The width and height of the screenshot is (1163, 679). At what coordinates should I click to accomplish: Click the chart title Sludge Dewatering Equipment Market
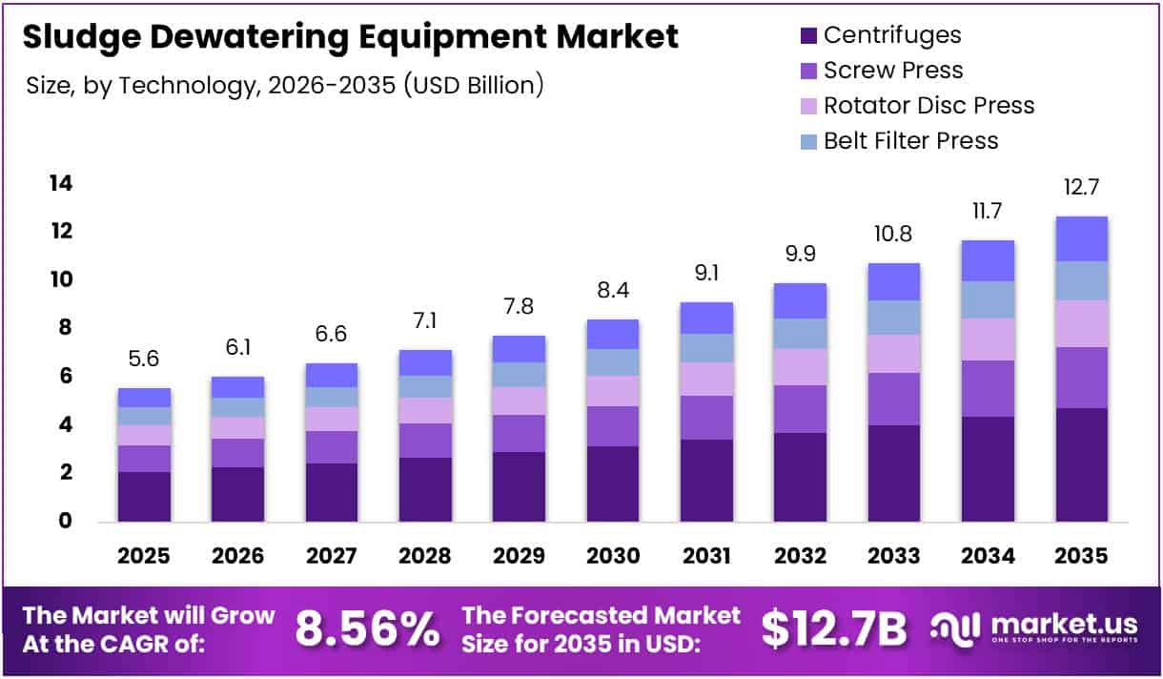pos(350,37)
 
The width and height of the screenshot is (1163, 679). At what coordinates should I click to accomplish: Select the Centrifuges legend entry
pos(892,35)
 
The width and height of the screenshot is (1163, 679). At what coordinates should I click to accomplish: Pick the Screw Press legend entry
pos(893,71)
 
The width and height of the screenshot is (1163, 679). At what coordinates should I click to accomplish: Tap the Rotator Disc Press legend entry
pos(928,105)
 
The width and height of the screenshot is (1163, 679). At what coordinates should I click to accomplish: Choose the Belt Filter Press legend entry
pos(910,140)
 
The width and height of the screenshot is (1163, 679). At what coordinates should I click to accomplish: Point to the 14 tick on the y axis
pos(61,183)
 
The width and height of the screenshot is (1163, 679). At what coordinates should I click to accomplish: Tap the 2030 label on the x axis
pos(613,556)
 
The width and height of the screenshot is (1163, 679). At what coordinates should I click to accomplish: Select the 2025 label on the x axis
pos(144,556)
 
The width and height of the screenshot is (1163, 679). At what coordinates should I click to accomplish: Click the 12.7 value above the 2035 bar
pos(1081,187)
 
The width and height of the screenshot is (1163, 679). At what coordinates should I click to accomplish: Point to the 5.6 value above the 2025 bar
pos(144,359)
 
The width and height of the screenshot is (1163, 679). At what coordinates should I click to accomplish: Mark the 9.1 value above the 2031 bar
pos(706,273)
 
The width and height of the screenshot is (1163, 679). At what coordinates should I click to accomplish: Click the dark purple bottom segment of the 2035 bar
pos(1081,464)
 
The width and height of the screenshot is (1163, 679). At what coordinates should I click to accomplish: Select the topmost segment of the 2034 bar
pos(988,260)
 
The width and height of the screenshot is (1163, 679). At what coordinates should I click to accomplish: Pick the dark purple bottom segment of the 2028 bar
pos(425,489)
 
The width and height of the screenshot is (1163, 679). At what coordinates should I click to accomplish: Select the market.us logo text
pos(1064,625)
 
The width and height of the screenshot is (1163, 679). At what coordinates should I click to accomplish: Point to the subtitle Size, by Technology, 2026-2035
pos(286,85)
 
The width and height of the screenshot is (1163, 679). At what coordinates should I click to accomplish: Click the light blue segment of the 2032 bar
pos(800,334)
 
